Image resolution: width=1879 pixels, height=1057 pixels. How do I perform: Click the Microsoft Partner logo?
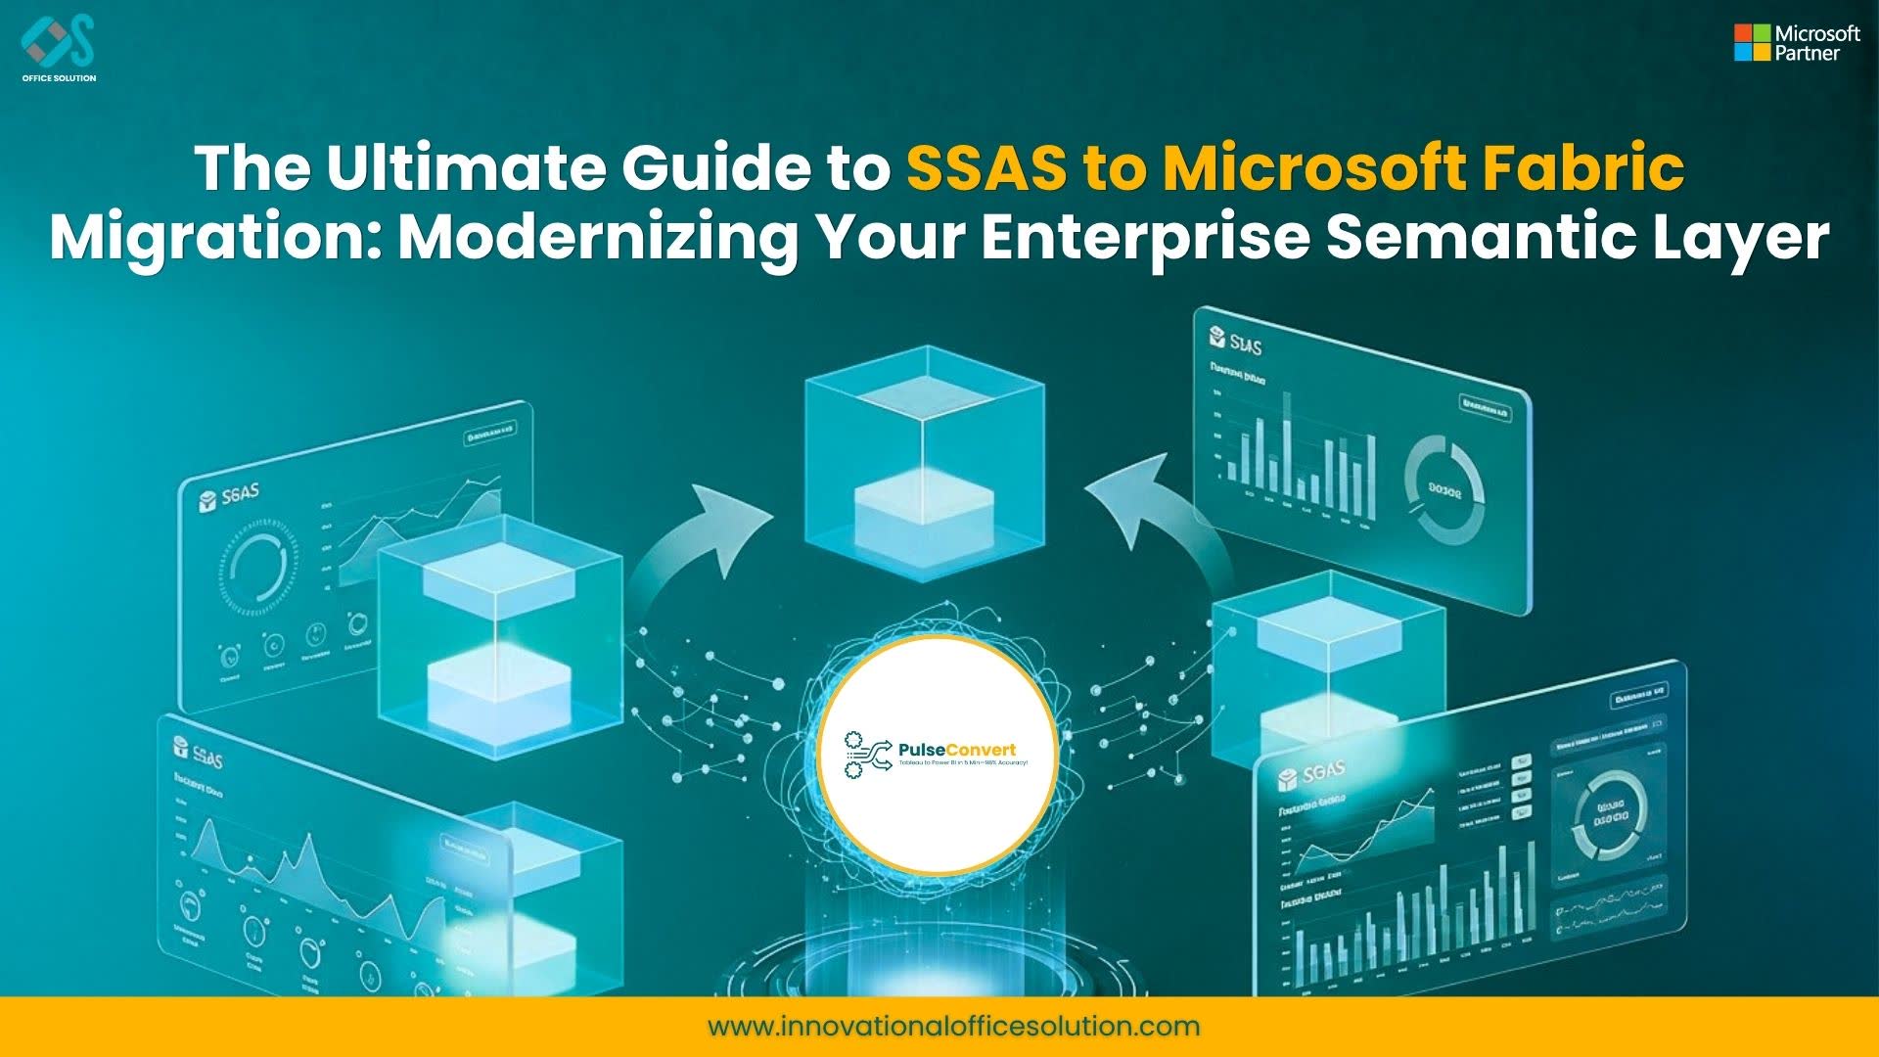coord(1797,43)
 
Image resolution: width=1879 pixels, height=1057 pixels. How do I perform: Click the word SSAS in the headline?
coord(986,167)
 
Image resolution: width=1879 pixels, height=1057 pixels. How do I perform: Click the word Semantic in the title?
coord(1479,237)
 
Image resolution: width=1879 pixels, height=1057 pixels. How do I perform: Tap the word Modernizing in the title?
coord(599,237)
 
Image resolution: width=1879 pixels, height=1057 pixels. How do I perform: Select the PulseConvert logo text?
coord(956,751)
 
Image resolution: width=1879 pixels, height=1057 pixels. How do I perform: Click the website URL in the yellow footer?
coord(953,1026)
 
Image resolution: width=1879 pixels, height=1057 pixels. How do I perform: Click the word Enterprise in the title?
coord(1145,237)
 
